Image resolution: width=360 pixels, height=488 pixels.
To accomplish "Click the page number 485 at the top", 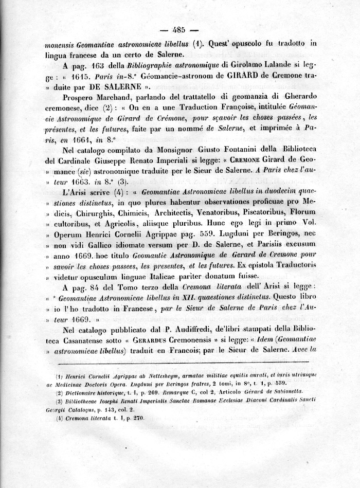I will pyautogui.click(x=179, y=29).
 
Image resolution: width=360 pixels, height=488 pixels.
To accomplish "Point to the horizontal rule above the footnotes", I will pyautogui.click(x=179, y=363).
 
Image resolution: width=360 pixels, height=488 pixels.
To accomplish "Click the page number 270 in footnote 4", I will pyautogui.click(x=138, y=418).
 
